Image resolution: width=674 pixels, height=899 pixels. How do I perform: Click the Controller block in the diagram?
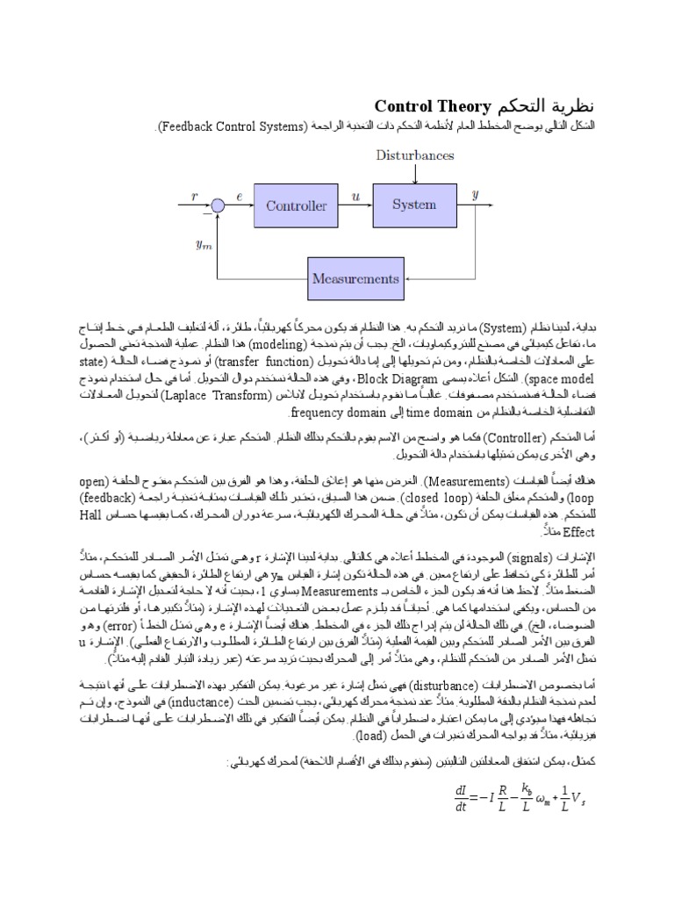pos(296,207)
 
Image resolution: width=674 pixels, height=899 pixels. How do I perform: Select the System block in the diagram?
pos(414,205)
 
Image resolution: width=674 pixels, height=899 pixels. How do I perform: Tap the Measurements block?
pos(355,279)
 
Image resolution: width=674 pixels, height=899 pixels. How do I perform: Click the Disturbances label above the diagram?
pos(415,155)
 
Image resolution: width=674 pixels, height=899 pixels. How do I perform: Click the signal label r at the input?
pos(195,198)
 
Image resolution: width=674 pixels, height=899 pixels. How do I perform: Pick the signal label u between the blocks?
pos(355,198)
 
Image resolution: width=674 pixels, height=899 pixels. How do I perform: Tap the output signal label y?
pos(475,197)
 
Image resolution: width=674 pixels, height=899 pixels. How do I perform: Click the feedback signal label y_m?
pos(204,245)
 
